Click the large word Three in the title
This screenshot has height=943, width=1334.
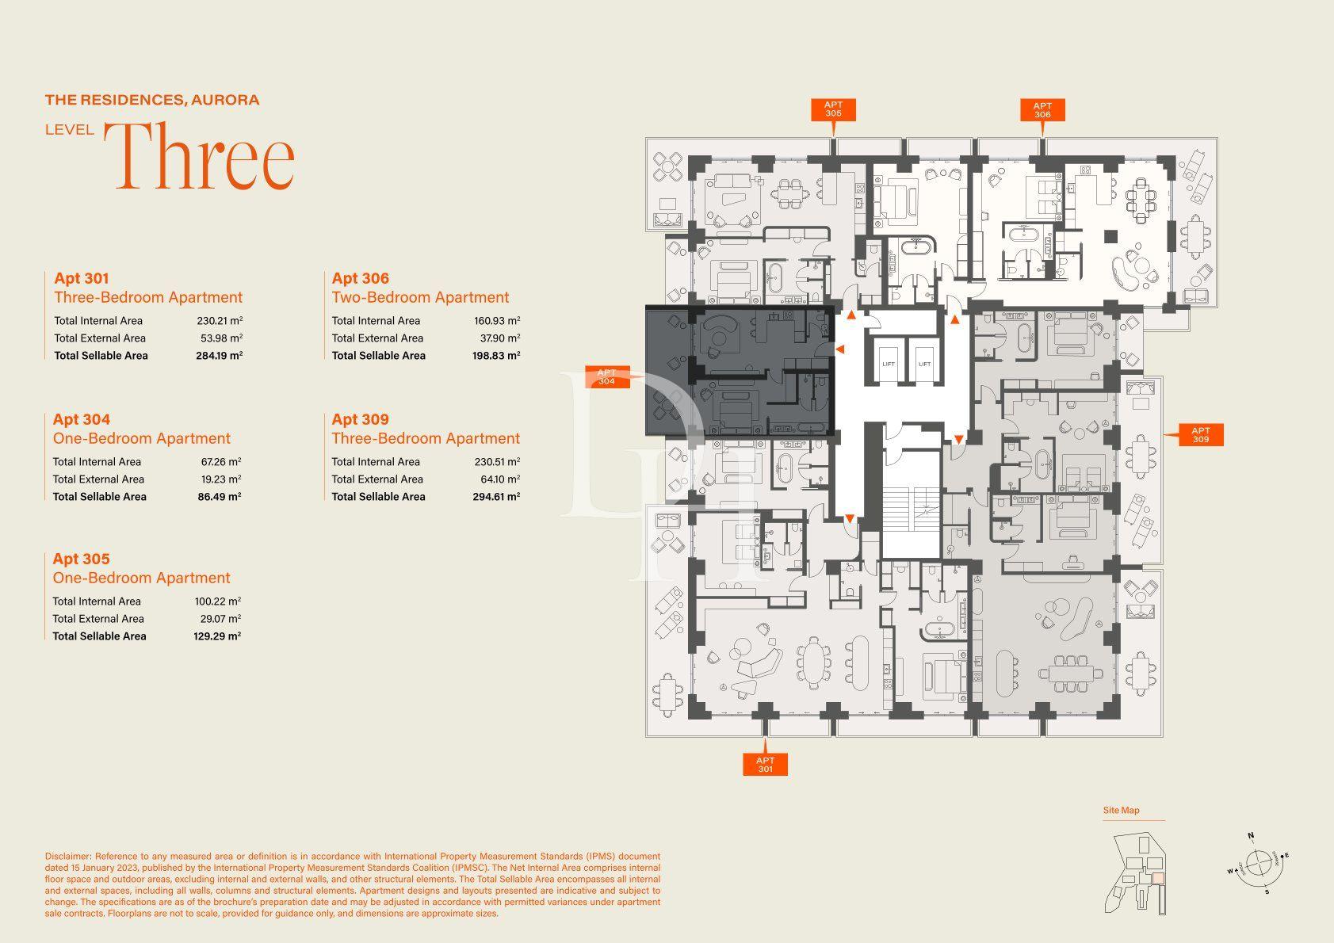click(x=200, y=155)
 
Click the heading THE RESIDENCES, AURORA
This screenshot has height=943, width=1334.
click(x=152, y=99)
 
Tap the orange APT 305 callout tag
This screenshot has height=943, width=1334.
click(x=833, y=109)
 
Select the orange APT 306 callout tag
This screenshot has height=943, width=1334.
click(x=1042, y=110)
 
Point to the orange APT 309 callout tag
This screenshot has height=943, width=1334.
click(x=1201, y=434)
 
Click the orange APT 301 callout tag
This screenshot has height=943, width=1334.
click(x=765, y=765)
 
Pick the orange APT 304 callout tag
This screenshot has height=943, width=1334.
click(x=607, y=377)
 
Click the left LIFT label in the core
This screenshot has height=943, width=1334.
click(x=889, y=365)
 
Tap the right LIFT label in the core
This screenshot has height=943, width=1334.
click(x=925, y=365)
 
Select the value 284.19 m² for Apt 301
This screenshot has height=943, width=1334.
click(x=219, y=356)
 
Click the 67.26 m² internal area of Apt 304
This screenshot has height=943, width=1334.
click(x=221, y=461)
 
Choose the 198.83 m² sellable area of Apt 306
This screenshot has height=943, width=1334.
click(x=496, y=356)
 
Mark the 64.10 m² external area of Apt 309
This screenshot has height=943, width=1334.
click(x=500, y=479)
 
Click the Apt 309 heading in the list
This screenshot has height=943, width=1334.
click(x=361, y=419)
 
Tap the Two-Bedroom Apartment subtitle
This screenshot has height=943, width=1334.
click(x=420, y=297)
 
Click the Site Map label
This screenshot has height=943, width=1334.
click(x=1121, y=810)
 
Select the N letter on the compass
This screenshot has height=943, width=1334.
click(x=1251, y=836)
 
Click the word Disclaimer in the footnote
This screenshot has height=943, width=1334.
click(x=68, y=856)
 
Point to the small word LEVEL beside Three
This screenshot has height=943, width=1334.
click(x=70, y=130)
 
